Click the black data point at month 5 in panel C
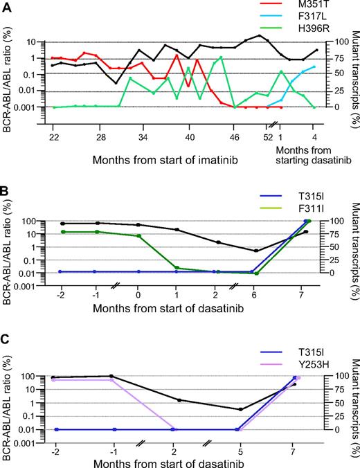coord(240,409)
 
